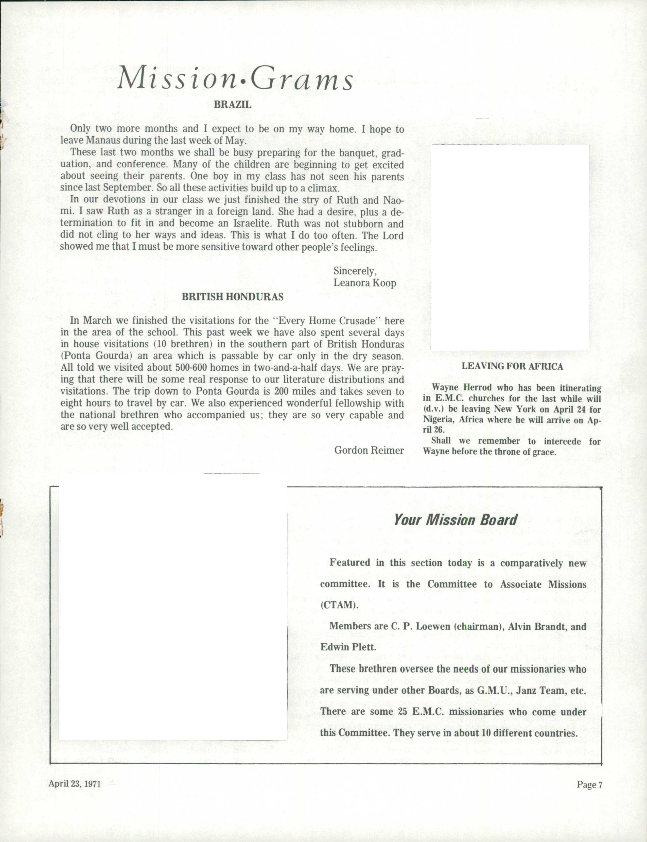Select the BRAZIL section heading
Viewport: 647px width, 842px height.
coord(232,105)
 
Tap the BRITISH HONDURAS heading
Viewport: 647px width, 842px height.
coord(232,297)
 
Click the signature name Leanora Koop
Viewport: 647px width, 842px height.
coord(364,283)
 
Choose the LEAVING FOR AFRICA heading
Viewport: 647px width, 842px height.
coord(512,366)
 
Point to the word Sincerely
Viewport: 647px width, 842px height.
coord(355,271)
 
